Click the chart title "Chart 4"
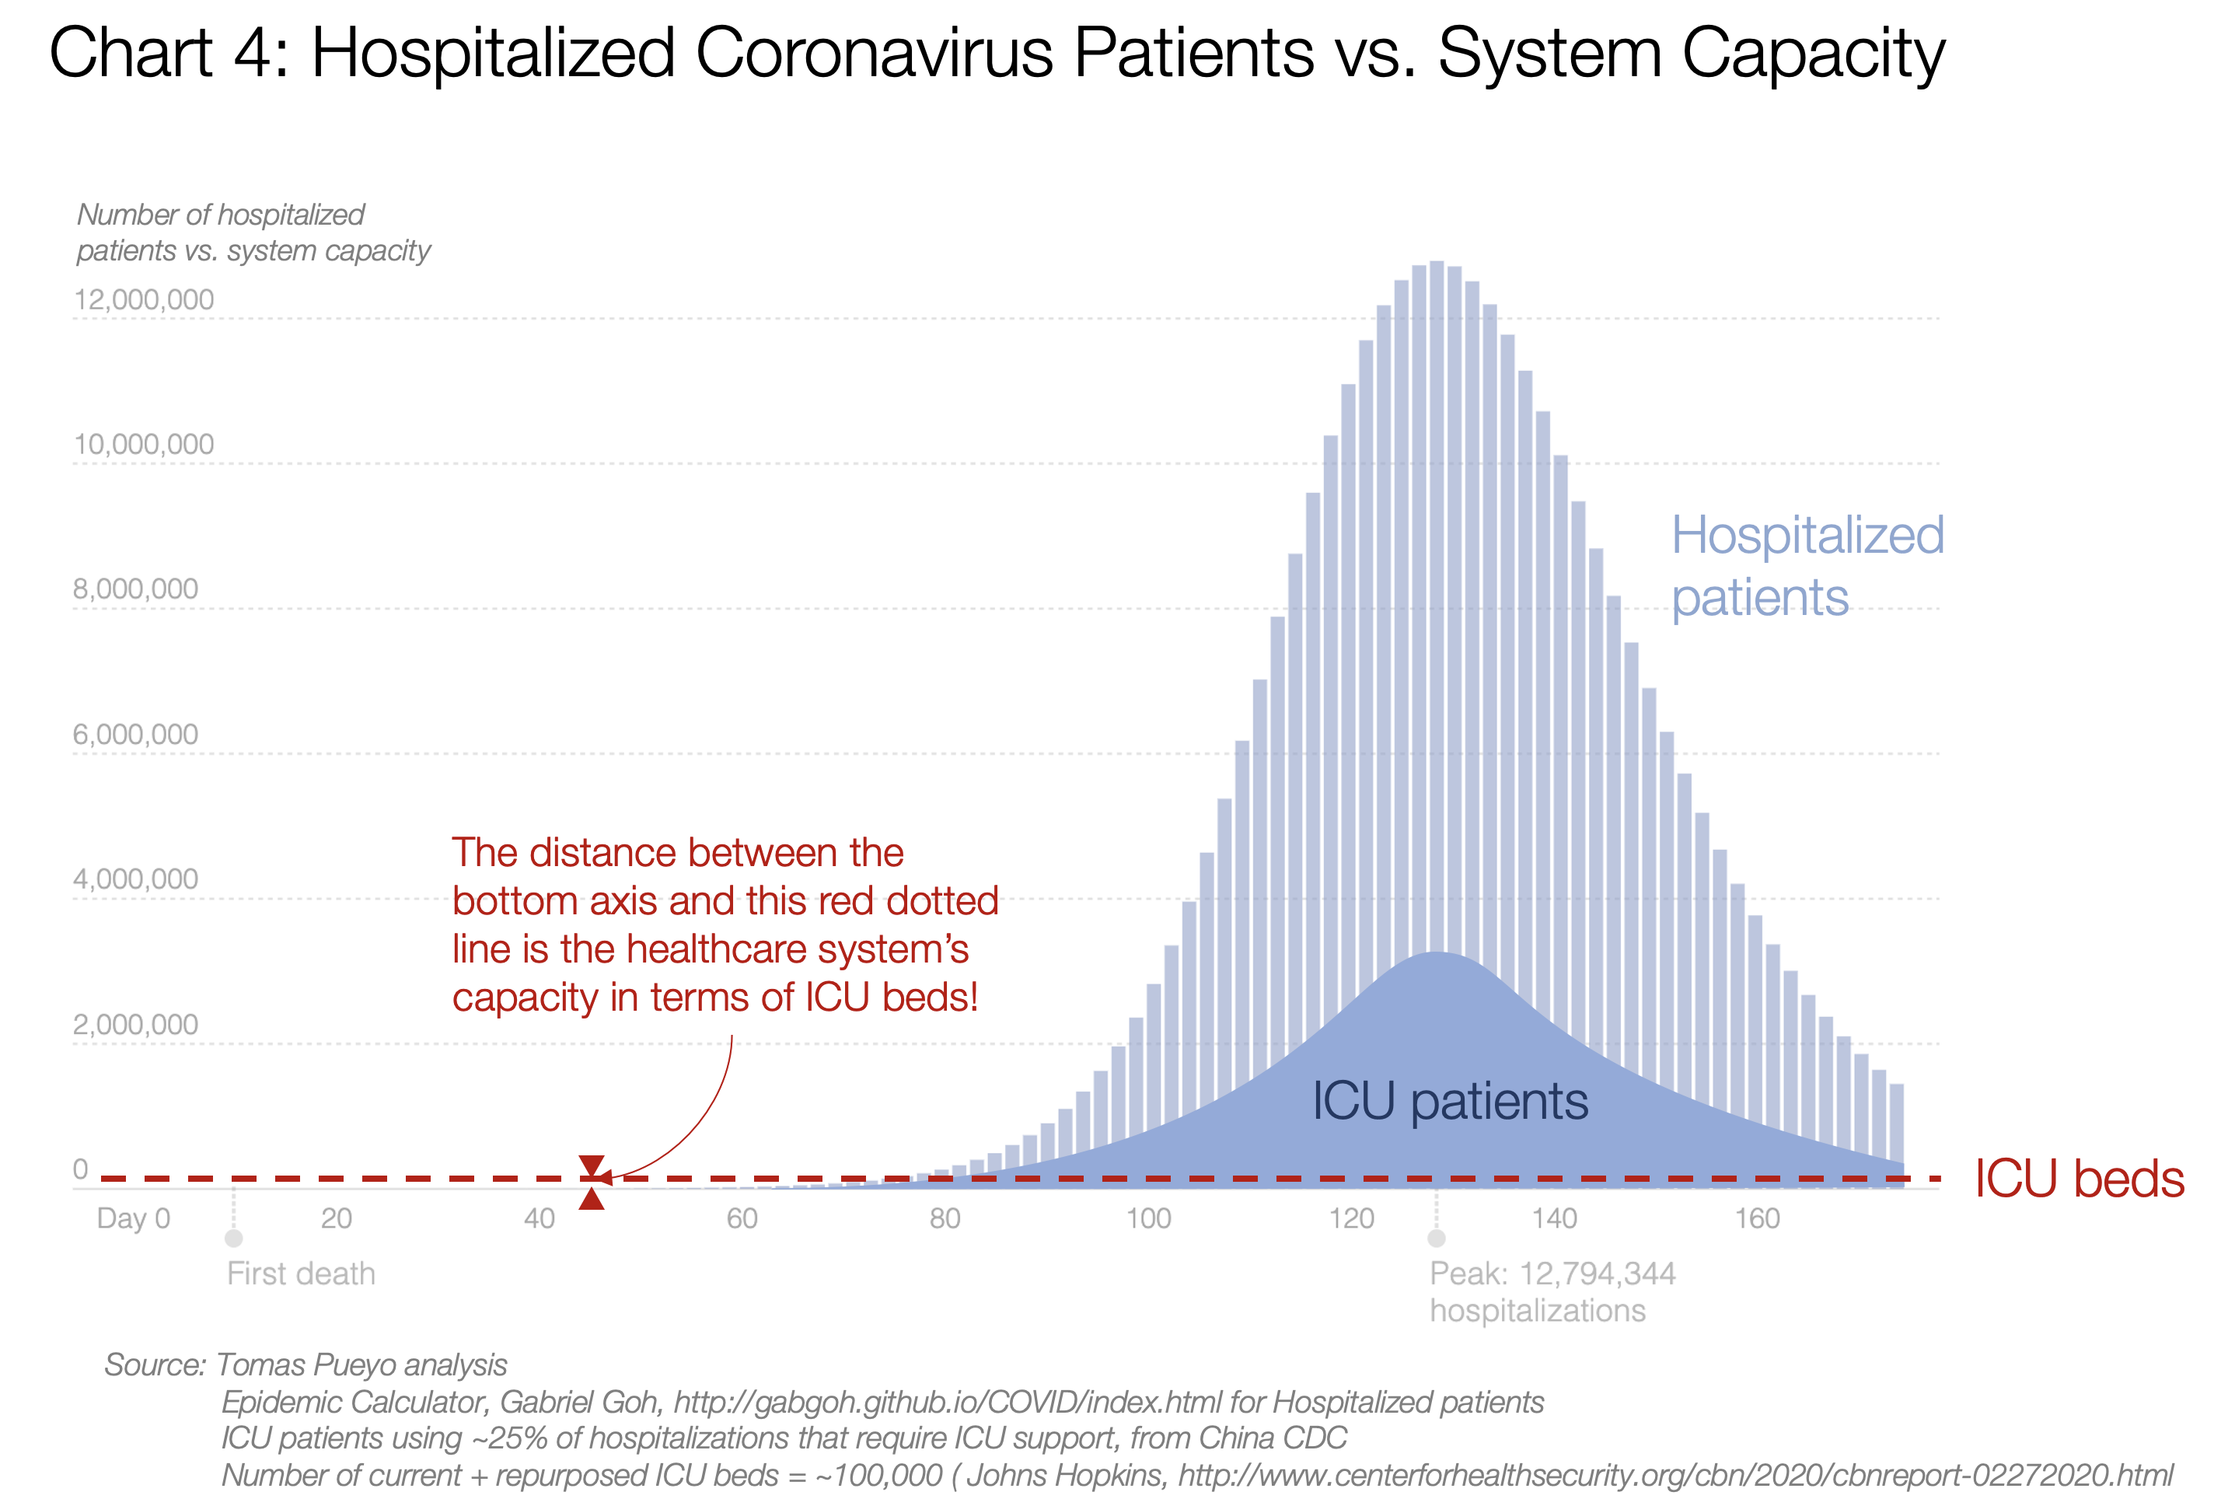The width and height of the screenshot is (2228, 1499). click(168, 53)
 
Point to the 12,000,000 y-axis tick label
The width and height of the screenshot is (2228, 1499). click(143, 300)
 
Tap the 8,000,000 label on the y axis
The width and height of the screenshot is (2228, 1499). click(136, 589)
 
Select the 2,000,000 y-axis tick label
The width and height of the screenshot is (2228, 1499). click(136, 1024)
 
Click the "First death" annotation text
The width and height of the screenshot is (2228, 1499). click(301, 1274)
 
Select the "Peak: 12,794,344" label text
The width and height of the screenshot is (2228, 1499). click(1552, 1274)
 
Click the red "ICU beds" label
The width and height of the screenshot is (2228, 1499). click(2079, 1179)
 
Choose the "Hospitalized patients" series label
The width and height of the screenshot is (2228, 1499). click(1807, 566)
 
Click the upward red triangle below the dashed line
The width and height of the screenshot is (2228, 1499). click(592, 1199)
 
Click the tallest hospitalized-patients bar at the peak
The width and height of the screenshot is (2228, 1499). click(1436, 669)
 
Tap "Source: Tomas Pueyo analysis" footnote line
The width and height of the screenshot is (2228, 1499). click(305, 1364)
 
